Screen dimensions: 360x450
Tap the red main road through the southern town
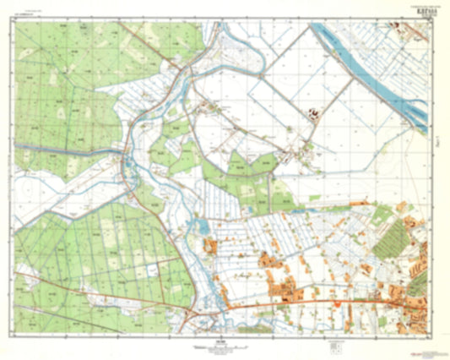[x=321, y=302]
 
